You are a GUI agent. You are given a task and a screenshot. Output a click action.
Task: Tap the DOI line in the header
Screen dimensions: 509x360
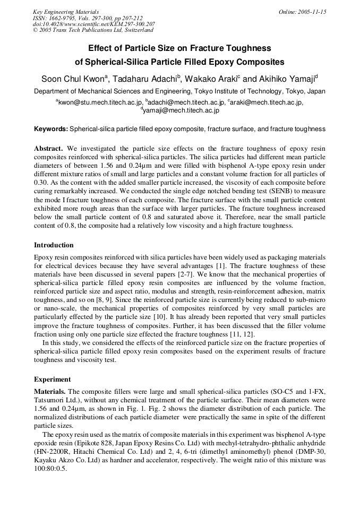(94, 24)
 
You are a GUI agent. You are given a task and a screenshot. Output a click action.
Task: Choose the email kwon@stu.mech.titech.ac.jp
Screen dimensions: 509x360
(100, 102)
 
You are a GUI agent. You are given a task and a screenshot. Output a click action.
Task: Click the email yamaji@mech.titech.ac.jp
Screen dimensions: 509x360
(181, 110)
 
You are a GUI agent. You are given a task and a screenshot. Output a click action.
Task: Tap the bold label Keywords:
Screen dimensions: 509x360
(51, 129)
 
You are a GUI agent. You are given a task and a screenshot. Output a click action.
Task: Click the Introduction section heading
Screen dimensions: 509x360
(54, 245)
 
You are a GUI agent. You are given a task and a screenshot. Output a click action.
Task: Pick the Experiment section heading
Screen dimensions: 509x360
(52, 379)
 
